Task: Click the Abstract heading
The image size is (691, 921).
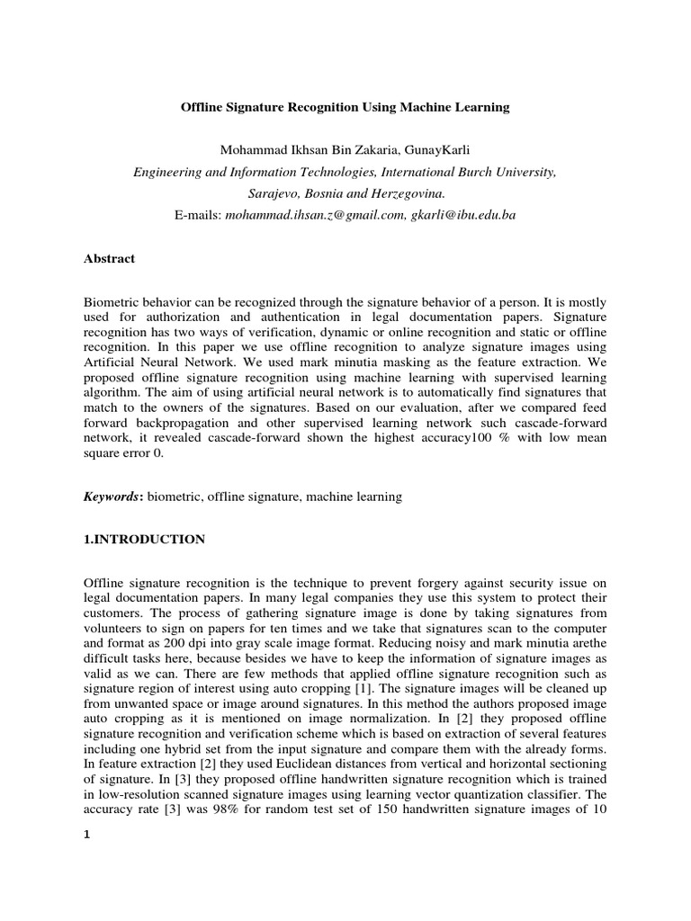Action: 109,259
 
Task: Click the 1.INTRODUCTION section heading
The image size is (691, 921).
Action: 145,540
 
